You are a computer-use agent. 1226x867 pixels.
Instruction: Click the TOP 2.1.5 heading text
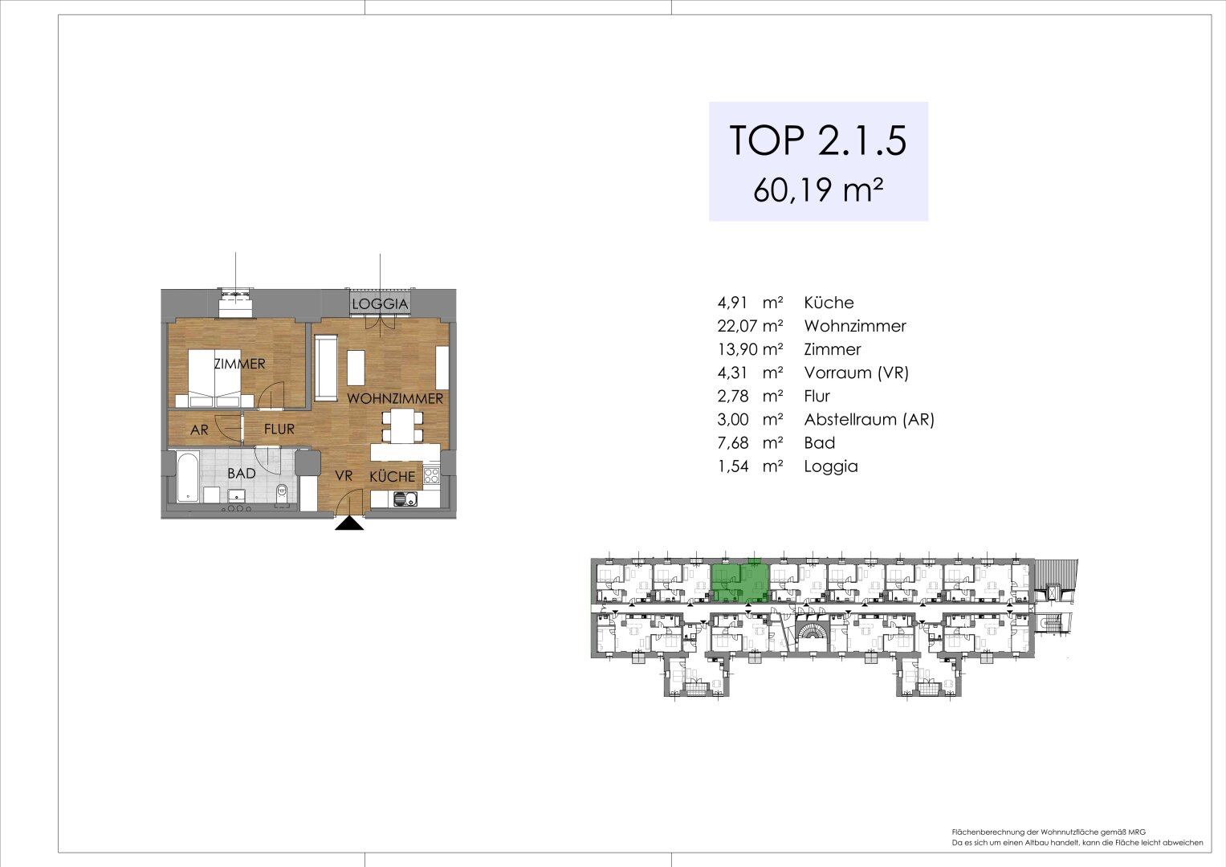(x=817, y=140)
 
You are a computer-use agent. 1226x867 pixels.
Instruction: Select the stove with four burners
(x=432, y=474)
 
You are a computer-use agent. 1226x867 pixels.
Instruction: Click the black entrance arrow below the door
(x=348, y=523)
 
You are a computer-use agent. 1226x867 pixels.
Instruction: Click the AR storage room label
(x=199, y=430)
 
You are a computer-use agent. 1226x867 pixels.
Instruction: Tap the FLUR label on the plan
(x=279, y=429)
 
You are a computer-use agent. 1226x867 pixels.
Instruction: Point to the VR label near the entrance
(x=344, y=476)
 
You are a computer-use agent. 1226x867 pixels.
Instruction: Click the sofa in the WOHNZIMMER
(x=327, y=369)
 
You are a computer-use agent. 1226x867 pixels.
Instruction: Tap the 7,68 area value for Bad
(x=732, y=442)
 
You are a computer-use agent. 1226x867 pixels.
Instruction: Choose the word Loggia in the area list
(x=831, y=466)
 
